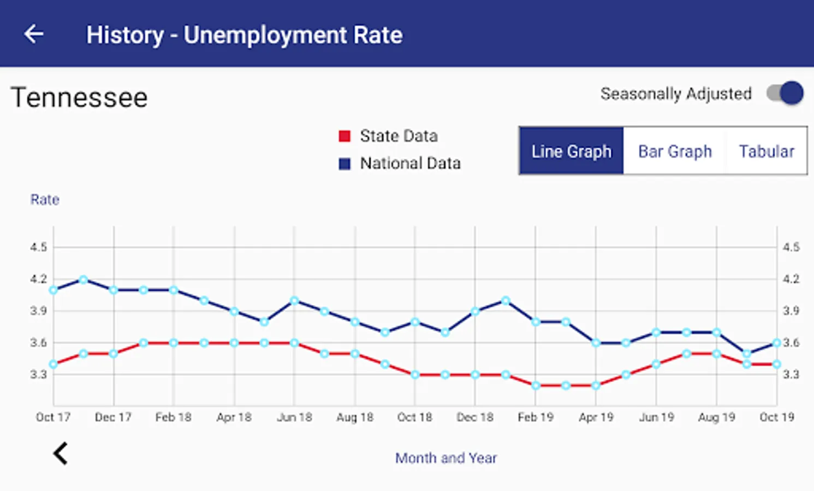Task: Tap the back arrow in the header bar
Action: tap(34, 34)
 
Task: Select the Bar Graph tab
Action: tap(675, 151)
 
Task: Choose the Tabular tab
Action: tap(767, 151)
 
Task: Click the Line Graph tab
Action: tap(571, 151)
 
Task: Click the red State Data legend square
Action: tap(344, 136)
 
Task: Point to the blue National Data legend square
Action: tap(344, 164)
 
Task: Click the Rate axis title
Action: tap(45, 200)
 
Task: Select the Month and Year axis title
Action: tap(446, 458)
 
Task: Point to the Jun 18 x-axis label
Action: tap(294, 417)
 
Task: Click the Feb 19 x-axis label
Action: tap(536, 417)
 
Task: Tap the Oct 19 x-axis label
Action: tap(776, 417)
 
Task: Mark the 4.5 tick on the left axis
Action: tap(39, 247)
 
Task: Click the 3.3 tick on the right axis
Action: tap(791, 375)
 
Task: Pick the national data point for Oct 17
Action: tap(54, 290)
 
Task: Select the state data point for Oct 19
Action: tap(776, 364)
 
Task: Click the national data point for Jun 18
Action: tap(294, 301)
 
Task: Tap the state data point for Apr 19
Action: tap(596, 386)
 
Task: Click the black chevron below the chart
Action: tap(61, 453)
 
